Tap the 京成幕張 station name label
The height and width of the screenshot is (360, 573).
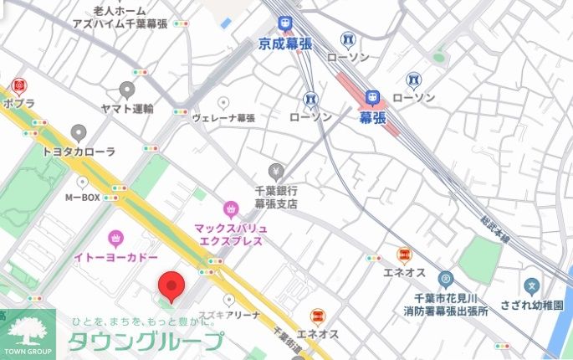tap(284, 44)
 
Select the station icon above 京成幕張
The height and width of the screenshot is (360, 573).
tap(285, 23)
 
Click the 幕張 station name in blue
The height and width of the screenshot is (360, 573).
tap(373, 118)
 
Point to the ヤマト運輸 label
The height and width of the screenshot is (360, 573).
tap(127, 109)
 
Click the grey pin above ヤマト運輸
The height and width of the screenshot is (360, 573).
tap(127, 89)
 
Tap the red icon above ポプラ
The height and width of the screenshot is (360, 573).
tap(18, 85)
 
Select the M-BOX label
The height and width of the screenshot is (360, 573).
tap(82, 198)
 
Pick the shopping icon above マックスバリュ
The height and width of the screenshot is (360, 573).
tap(231, 208)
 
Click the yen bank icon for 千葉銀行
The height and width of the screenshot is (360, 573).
tap(276, 172)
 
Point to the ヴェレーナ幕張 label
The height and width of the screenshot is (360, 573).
tap(223, 118)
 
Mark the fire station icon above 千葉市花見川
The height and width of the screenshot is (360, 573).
tap(445, 278)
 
